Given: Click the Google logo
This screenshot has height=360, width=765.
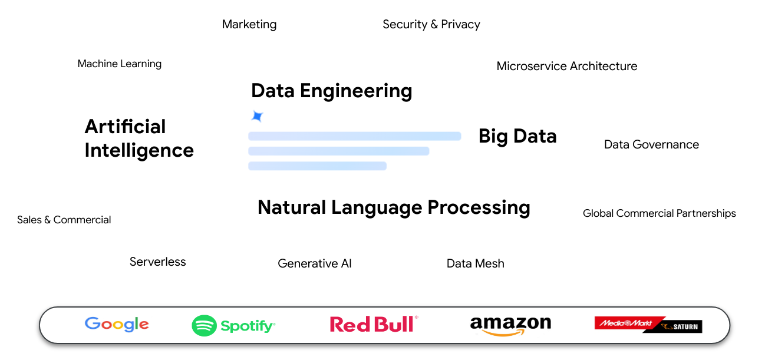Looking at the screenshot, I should [x=117, y=324].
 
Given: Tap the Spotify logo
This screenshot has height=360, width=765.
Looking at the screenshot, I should [x=233, y=325].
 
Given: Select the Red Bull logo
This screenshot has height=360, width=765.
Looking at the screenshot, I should [x=374, y=324].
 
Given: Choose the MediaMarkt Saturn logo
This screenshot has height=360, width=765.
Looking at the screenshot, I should [x=648, y=324].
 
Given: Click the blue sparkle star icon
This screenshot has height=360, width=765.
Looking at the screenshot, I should [x=257, y=116].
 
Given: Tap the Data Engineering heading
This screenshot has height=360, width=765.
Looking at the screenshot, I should [x=331, y=91].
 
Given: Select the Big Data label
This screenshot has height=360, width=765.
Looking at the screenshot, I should [x=517, y=136].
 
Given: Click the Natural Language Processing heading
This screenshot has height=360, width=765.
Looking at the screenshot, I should [x=394, y=207].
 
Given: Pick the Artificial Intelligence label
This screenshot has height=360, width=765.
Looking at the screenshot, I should [x=139, y=138].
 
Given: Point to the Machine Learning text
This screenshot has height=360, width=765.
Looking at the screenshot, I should [x=120, y=64].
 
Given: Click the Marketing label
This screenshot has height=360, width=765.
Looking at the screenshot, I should [x=249, y=24].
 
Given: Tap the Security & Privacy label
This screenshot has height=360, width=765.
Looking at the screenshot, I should [x=431, y=24].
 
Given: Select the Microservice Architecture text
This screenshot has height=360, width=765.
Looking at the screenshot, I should [x=567, y=66].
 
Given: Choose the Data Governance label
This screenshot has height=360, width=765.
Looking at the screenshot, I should [x=651, y=144].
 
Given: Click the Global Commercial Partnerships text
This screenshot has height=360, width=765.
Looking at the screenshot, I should [x=659, y=213].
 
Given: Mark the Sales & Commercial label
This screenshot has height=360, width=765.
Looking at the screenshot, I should [x=64, y=220].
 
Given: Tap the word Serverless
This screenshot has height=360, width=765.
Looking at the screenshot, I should [x=158, y=262].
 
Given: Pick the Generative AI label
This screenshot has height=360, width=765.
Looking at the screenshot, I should [x=315, y=263].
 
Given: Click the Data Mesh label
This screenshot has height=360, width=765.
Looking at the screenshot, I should [x=476, y=263].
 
